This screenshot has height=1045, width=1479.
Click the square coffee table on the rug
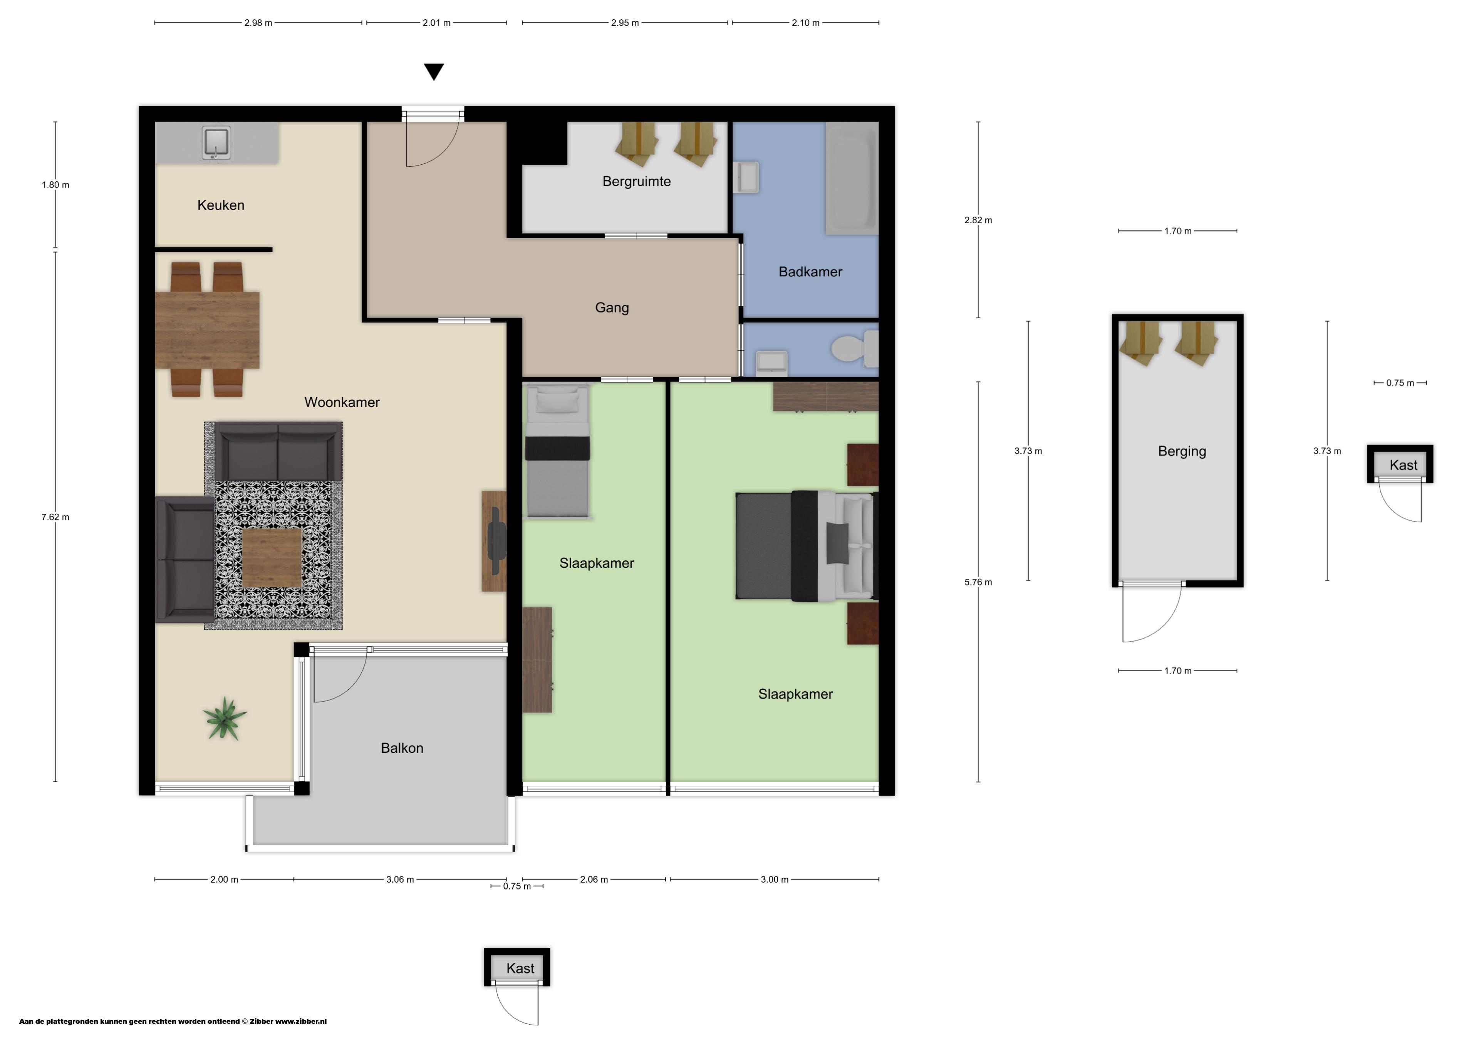click(272, 558)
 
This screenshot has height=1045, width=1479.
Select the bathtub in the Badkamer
click(852, 178)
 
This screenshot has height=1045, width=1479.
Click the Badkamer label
click(810, 272)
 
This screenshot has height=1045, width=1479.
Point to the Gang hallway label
click(612, 308)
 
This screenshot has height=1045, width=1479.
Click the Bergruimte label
click(636, 182)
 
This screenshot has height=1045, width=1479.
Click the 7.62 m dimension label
click(55, 517)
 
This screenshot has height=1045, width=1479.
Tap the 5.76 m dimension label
click(978, 582)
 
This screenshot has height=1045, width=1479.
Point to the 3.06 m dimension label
click(400, 879)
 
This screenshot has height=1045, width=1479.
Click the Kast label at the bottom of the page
click(520, 968)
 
